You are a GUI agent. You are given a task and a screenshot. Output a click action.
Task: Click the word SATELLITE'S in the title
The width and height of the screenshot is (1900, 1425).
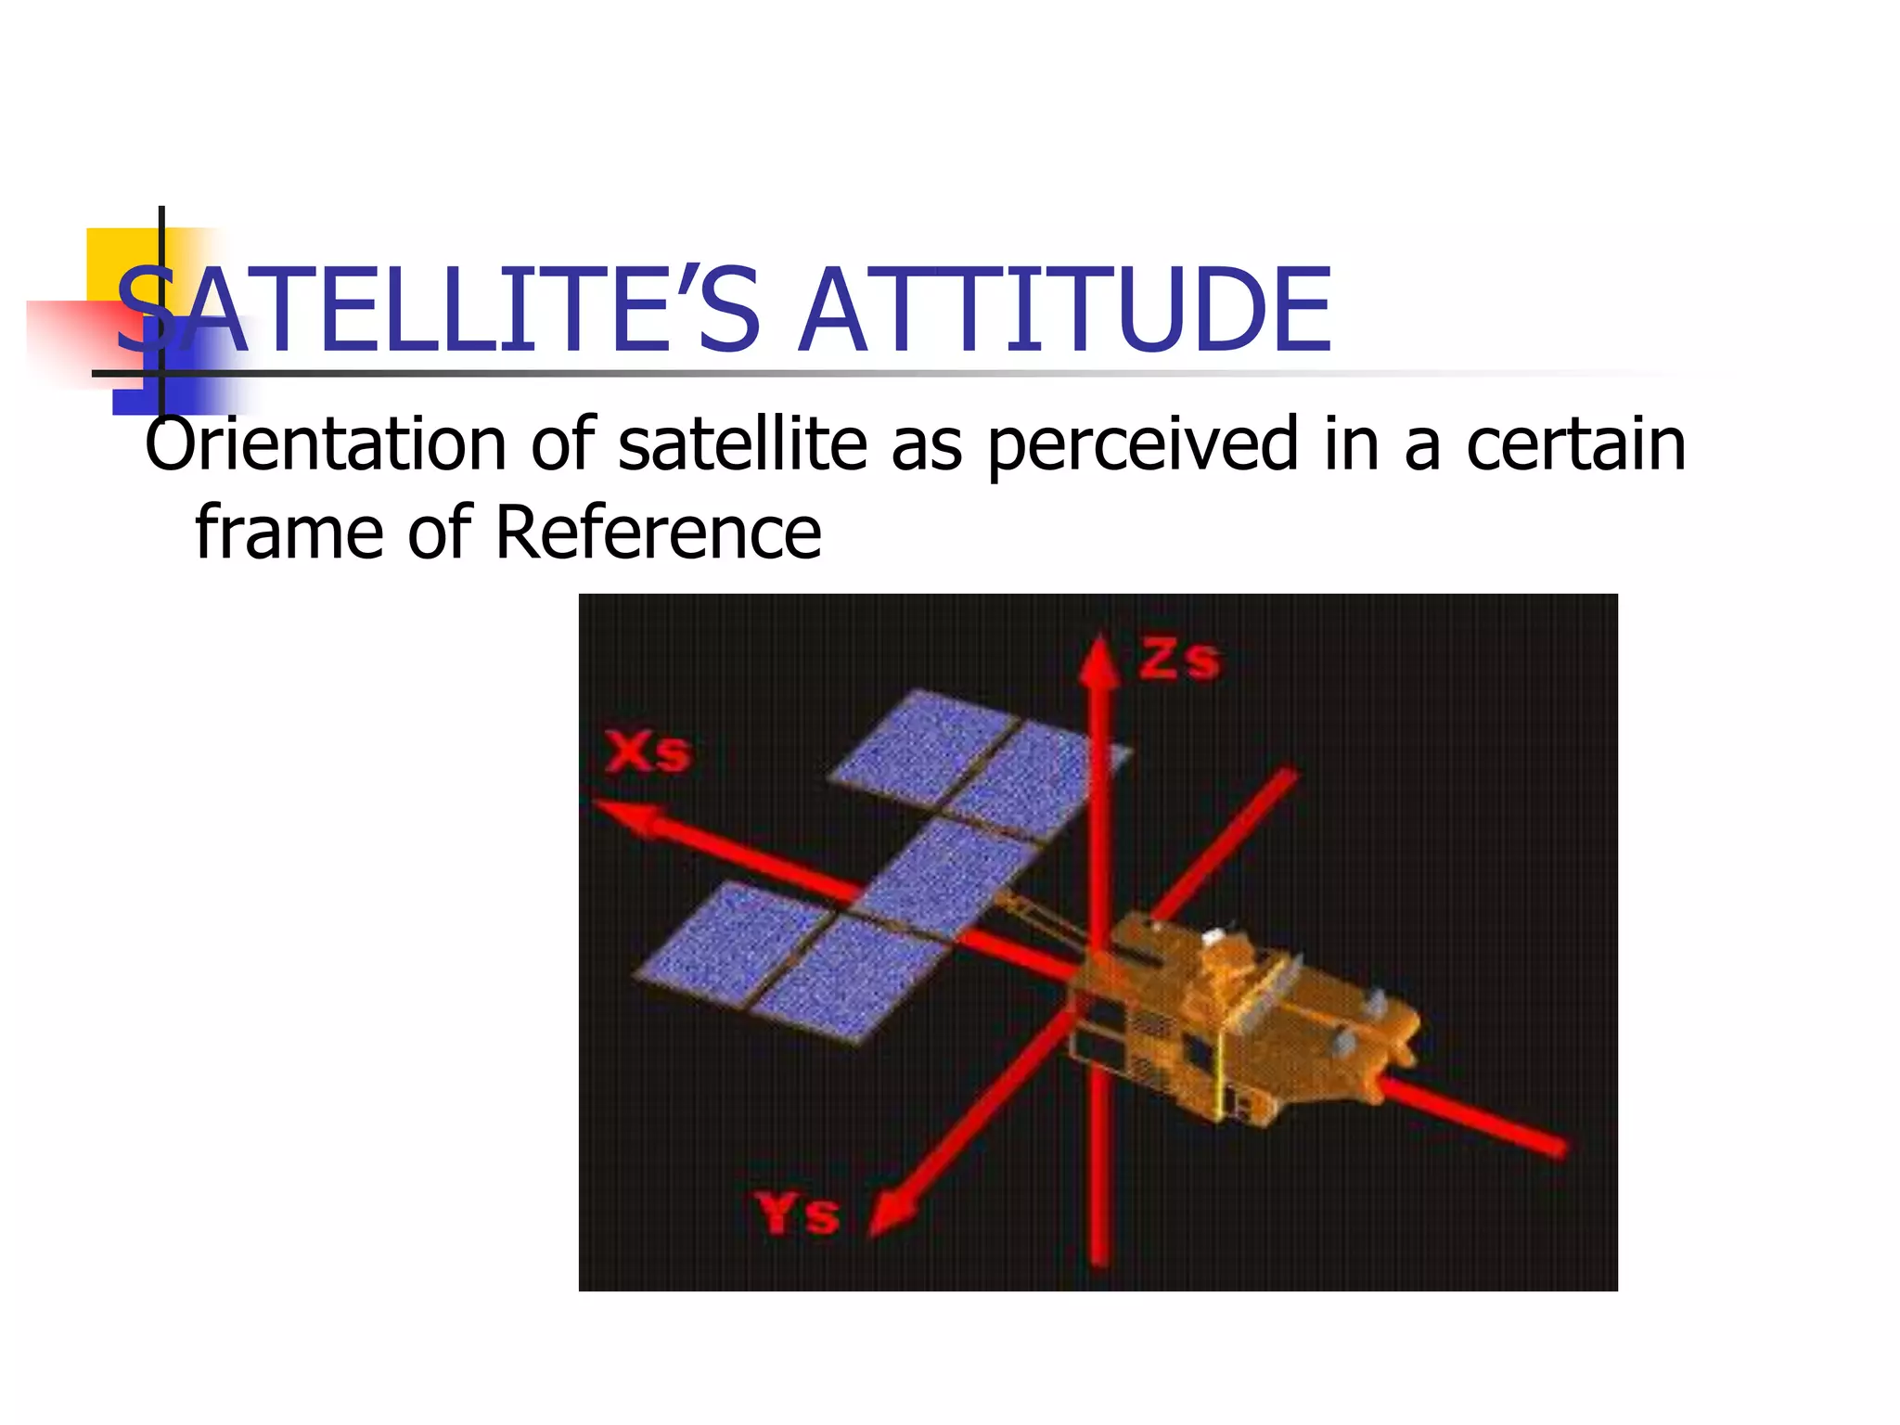(436, 311)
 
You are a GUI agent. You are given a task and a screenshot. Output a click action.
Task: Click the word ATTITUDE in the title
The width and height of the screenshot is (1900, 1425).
(1064, 311)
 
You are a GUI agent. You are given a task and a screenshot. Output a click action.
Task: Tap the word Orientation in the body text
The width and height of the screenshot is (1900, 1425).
(325, 445)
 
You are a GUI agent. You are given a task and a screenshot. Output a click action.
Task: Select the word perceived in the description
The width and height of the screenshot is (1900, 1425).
(1142, 445)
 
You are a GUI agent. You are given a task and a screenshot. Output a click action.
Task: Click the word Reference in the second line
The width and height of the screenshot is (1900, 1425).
(658, 533)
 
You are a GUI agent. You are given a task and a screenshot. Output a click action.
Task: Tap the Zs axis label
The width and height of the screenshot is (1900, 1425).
(1180, 660)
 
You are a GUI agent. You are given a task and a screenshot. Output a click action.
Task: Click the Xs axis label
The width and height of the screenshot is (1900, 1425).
(648, 751)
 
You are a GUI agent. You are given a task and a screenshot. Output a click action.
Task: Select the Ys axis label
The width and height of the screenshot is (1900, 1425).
(798, 1213)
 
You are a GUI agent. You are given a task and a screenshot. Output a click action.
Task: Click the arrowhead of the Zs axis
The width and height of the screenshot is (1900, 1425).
(1099, 661)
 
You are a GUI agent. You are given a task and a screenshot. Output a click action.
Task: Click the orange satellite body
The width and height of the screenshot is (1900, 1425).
(1243, 1021)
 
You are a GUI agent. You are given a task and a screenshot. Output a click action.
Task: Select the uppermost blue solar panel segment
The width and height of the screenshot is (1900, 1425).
(923, 742)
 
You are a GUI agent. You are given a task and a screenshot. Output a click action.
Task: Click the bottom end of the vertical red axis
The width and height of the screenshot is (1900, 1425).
(1099, 1257)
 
